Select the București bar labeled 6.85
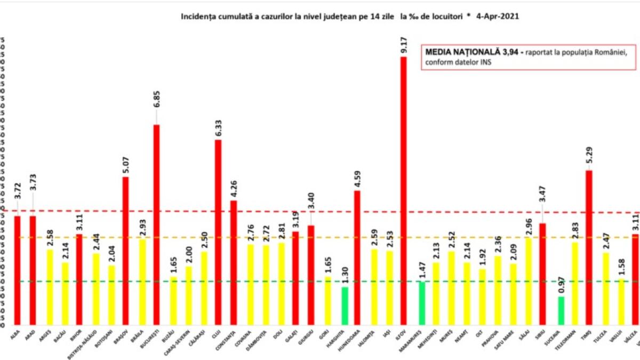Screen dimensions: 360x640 coord(157,224)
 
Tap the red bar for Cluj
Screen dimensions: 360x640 coord(218,232)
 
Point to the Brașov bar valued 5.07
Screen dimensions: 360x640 coord(126,250)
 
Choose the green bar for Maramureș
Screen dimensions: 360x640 coord(421,303)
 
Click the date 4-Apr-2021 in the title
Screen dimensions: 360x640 coord(495,17)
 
